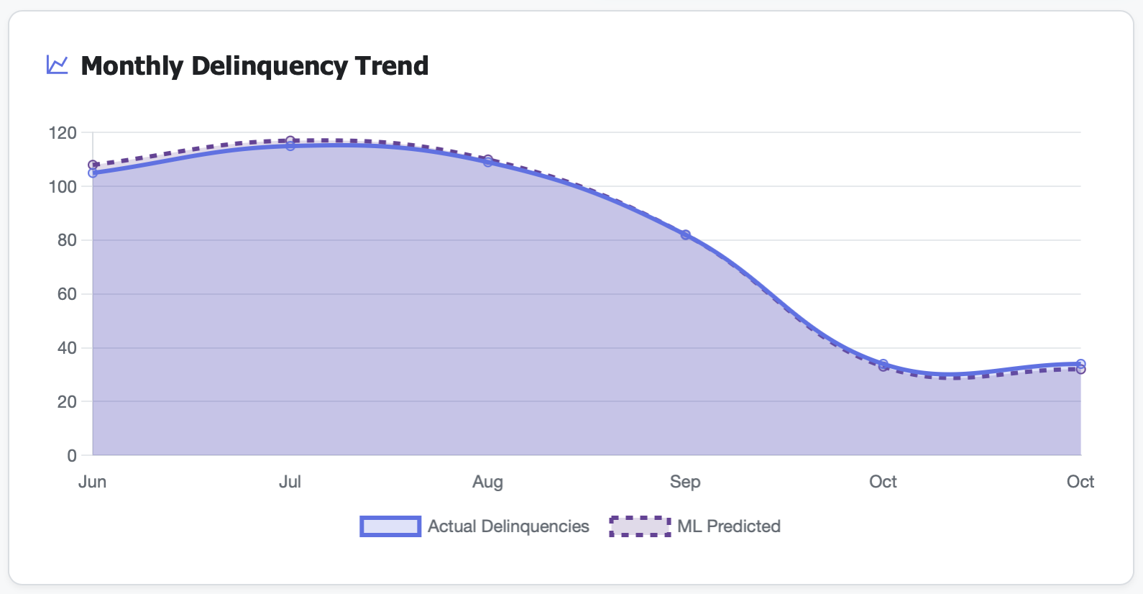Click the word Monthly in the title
point(132,66)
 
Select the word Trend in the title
point(392,66)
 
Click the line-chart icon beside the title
point(58,65)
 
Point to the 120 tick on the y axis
point(63,133)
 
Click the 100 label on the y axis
point(63,187)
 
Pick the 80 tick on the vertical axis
point(67,240)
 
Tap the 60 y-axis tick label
point(67,294)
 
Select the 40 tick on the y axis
point(67,348)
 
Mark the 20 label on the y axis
point(67,402)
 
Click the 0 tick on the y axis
point(72,456)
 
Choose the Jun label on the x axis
point(92,482)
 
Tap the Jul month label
point(290,482)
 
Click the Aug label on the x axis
point(487,482)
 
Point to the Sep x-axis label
point(685,482)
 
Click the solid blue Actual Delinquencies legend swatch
point(390,526)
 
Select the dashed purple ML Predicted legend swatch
point(640,526)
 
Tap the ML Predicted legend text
point(728,526)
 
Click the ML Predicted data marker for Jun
point(93,165)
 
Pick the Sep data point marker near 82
point(686,235)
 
